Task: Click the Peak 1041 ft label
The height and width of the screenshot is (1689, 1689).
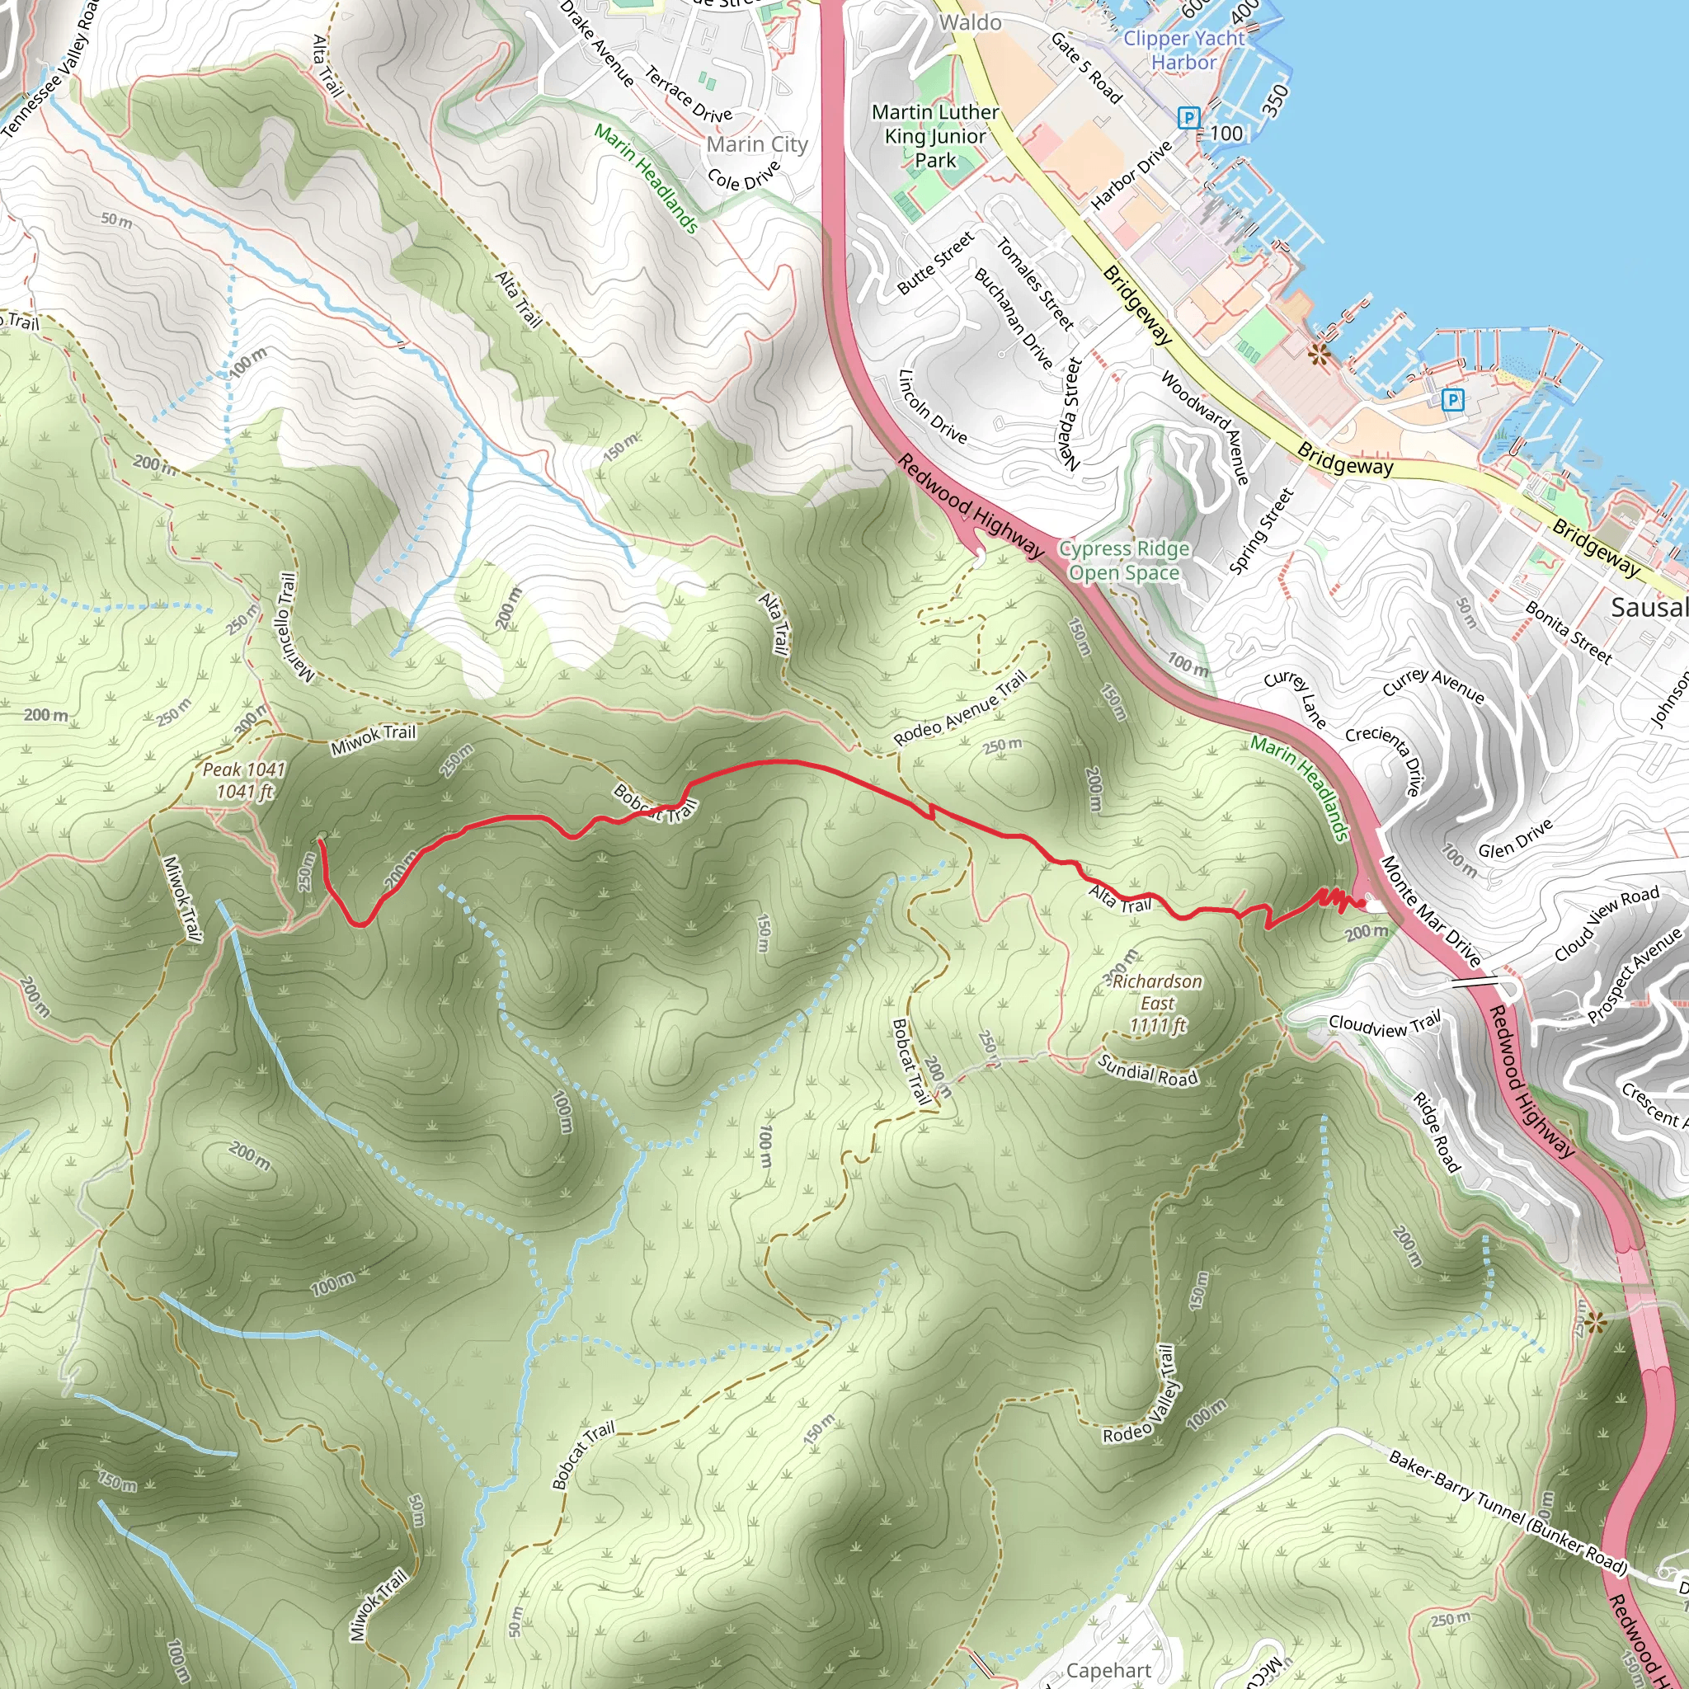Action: (244, 781)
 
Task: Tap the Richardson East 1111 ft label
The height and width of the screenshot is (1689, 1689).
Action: (1157, 1004)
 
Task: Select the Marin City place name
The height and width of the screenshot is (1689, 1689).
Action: (757, 144)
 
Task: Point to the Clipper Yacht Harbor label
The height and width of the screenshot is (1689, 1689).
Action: (1183, 49)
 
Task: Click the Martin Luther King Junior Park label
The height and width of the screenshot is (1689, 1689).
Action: (934, 136)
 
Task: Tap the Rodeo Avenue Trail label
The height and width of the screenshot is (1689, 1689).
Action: (960, 709)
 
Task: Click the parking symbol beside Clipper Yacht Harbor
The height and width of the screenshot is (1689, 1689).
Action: (1188, 117)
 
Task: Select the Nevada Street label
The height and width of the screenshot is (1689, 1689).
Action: (1070, 414)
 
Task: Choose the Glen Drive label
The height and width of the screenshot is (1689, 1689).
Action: (1515, 839)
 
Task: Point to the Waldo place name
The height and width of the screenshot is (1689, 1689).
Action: (970, 22)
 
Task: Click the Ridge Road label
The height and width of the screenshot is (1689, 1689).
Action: (1437, 1132)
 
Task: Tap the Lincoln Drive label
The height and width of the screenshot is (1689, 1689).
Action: (933, 407)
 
